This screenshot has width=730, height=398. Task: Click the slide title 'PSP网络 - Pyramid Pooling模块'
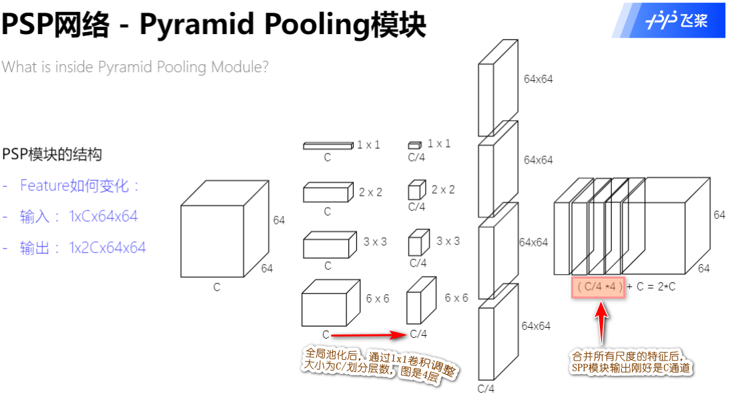point(214,25)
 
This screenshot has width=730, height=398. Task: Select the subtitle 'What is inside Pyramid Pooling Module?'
point(135,67)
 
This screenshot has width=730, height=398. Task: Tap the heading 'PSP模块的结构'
point(52,154)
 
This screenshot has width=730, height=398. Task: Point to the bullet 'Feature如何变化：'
point(80,186)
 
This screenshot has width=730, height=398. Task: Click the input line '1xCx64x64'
point(103,216)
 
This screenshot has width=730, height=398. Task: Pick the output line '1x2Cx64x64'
point(107,248)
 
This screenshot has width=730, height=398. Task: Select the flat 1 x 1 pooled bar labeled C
point(328,145)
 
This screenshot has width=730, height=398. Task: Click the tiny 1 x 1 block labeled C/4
point(414,144)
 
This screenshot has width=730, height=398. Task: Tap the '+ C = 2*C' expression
point(651,287)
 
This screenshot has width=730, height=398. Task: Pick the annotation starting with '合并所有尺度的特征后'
point(631,363)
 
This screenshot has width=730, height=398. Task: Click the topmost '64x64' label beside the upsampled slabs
point(538,79)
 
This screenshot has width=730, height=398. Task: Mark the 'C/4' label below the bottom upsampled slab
point(486,389)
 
